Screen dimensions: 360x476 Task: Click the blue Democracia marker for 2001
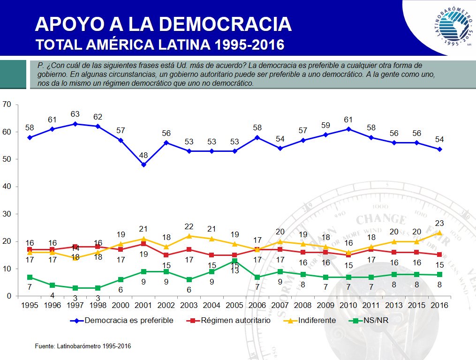point(144,165)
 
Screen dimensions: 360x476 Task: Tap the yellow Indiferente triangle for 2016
point(439,232)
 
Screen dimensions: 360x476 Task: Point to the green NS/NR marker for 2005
point(234,261)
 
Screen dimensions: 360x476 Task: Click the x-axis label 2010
point(348,305)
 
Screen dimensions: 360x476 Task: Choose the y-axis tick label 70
point(7,105)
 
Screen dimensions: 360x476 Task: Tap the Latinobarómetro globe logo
point(454,27)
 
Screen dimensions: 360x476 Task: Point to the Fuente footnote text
point(83,346)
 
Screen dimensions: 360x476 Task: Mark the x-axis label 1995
point(30,305)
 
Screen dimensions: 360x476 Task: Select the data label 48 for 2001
point(144,155)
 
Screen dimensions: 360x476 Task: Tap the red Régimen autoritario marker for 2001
point(144,244)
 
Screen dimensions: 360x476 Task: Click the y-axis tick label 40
point(7,187)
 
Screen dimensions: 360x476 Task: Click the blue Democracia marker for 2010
point(348,129)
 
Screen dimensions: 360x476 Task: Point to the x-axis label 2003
point(189,305)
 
